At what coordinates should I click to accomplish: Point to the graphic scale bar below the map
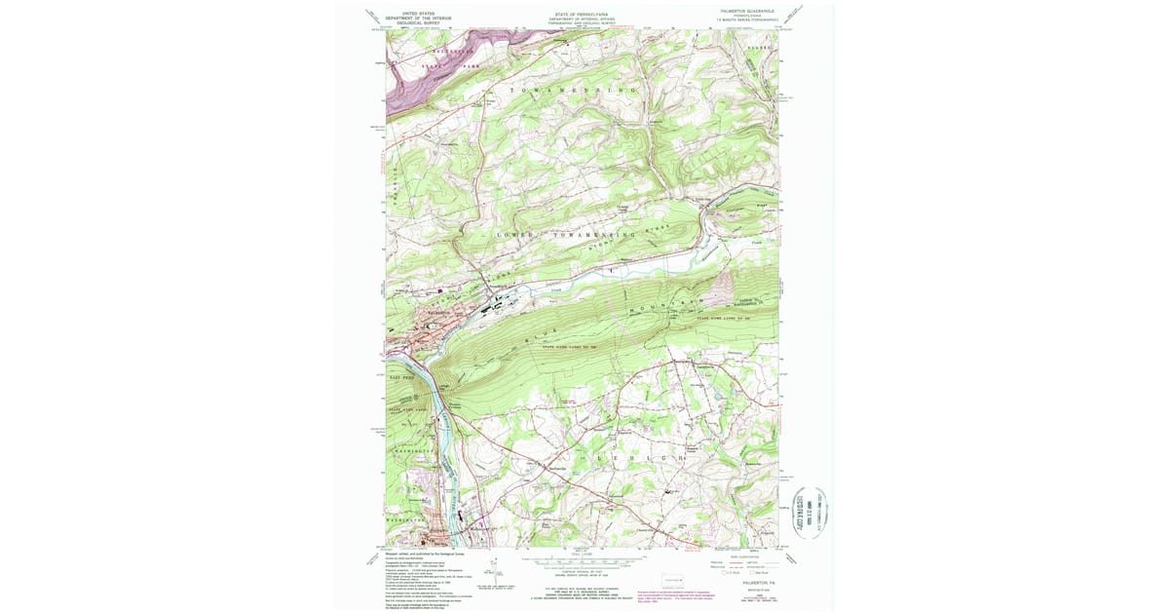click(584, 561)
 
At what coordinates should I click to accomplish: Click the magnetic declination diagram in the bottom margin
click(494, 569)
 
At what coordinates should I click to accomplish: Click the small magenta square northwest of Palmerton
click(439, 289)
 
